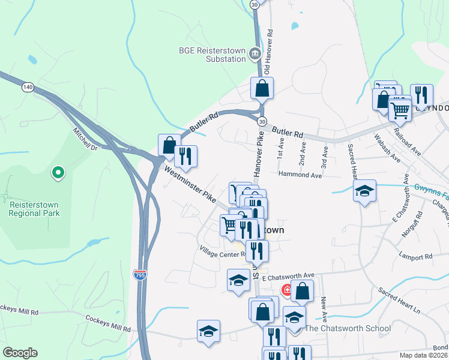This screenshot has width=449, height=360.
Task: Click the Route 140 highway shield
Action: (x=27, y=88)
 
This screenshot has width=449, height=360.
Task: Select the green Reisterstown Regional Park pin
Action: (x=58, y=173)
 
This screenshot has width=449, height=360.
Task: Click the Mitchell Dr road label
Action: (x=85, y=139)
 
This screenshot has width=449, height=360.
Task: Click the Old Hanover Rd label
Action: (x=268, y=49)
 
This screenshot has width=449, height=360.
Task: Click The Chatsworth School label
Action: (x=348, y=328)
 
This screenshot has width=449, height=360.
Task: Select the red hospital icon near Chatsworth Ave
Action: (x=287, y=290)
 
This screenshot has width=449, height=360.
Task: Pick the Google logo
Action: (x=20, y=353)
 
